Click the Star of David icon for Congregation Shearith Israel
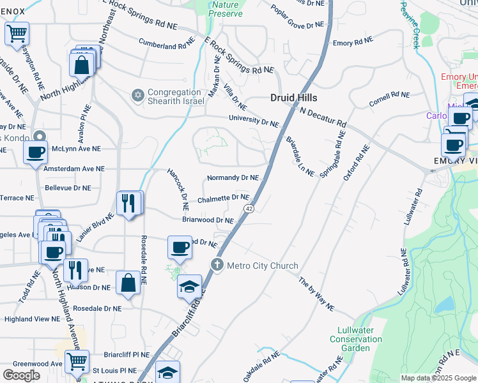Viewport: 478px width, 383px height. [x=136, y=96]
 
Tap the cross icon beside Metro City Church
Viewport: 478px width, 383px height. [x=217, y=265]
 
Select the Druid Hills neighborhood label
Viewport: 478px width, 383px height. [x=293, y=98]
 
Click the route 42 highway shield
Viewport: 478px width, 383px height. [x=249, y=209]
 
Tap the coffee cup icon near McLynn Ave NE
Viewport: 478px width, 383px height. [x=36, y=152]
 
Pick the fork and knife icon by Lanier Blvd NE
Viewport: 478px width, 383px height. [x=128, y=203]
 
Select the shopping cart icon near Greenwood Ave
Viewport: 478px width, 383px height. [x=77, y=361]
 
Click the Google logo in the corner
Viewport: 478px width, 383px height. [x=21, y=375]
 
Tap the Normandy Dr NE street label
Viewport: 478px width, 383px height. [x=233, y=177]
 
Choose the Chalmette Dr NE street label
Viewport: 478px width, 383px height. [x=223, y=199]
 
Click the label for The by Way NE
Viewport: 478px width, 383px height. [x=316, y=294]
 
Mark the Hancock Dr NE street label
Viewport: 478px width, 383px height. [x=178, y=189]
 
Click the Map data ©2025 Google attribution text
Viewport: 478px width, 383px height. [x=438, y=378]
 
